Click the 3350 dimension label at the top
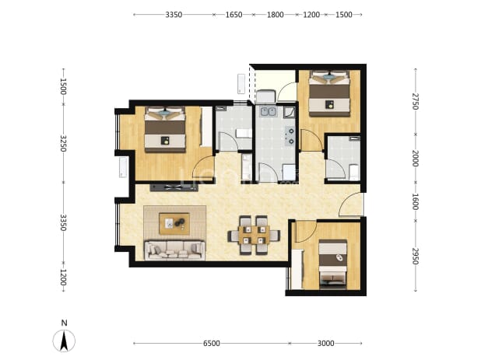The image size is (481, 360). [174, 15]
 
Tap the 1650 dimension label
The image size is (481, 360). [233, 15]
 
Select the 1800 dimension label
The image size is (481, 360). [276, 15]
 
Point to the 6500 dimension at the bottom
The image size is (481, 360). [212, 343]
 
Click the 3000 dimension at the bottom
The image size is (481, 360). [326, 343]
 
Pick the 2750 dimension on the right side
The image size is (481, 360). [415, 101]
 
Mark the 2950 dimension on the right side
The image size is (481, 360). [415, 256]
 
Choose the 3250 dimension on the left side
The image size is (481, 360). [63, 143]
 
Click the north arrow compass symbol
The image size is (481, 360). [64, 341]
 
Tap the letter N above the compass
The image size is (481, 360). [64, 323]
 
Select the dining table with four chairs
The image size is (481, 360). [254, 236]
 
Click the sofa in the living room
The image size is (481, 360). [175, 250]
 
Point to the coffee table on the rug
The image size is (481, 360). [174, 224]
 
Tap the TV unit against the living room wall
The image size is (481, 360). [174, 187]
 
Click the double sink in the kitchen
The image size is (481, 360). [269, 111]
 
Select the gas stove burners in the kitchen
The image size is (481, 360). [290, 136]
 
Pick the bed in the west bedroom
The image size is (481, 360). [165, 129]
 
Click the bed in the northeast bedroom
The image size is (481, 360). [329, 93]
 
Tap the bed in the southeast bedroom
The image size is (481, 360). [333, 264]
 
